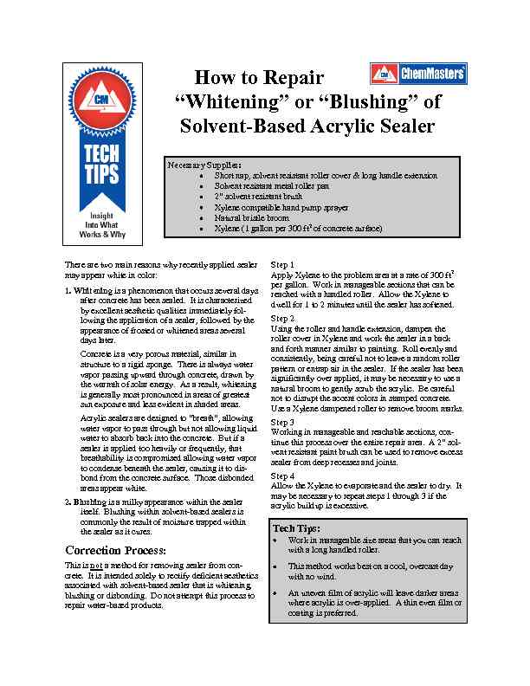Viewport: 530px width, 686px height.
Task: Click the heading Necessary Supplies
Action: click(x=205, y=165)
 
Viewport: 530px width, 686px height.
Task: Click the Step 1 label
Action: click(x=283, y=264)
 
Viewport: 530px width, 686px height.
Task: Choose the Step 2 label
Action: click(x=283, y=319)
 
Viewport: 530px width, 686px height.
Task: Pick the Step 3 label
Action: click(x=283, y=422)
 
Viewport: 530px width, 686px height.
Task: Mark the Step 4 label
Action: click(x=283, y=476)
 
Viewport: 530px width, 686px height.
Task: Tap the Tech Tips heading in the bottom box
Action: click(x=296, y=527)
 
